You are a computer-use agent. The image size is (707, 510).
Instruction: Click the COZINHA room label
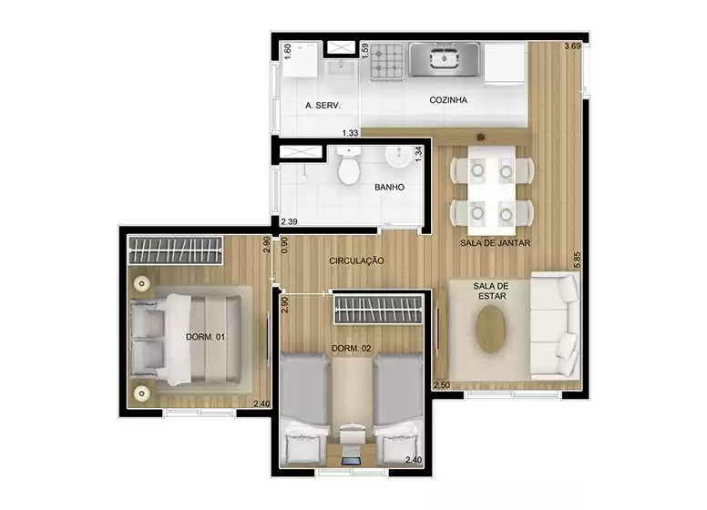448,100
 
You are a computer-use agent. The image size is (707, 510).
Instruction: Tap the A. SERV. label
323,106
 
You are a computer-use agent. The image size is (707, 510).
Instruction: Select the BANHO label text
389,188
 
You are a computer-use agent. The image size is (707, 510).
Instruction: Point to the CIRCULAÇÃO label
356,261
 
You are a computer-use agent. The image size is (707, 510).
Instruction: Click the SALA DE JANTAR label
495,243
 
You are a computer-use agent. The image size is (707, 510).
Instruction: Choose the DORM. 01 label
205,338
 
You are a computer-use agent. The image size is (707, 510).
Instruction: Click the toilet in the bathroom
348,168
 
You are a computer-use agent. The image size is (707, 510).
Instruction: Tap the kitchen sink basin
443,60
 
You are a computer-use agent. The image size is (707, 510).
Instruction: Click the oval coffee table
492,329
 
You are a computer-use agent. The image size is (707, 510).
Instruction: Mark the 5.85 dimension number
576,260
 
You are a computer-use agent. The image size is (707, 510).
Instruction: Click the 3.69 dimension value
572,46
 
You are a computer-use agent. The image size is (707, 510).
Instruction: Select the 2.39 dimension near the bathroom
289,221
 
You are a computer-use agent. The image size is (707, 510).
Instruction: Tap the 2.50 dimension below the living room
442,385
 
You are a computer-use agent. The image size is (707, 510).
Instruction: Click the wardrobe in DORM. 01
175,249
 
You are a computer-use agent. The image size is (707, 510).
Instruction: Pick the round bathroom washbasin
397,158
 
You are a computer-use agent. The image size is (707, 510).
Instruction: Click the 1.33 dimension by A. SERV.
350,133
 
